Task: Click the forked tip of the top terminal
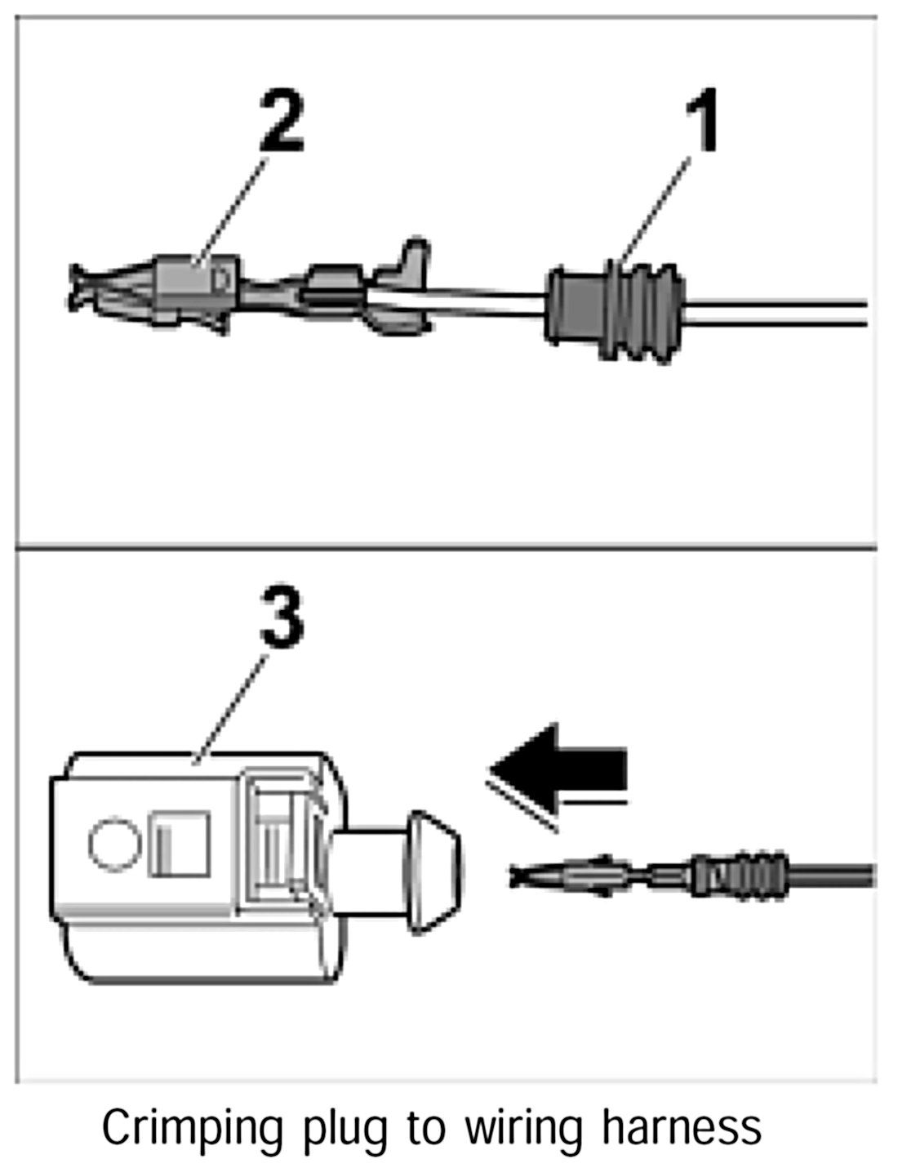pyautogui.click(x=82, y=288)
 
